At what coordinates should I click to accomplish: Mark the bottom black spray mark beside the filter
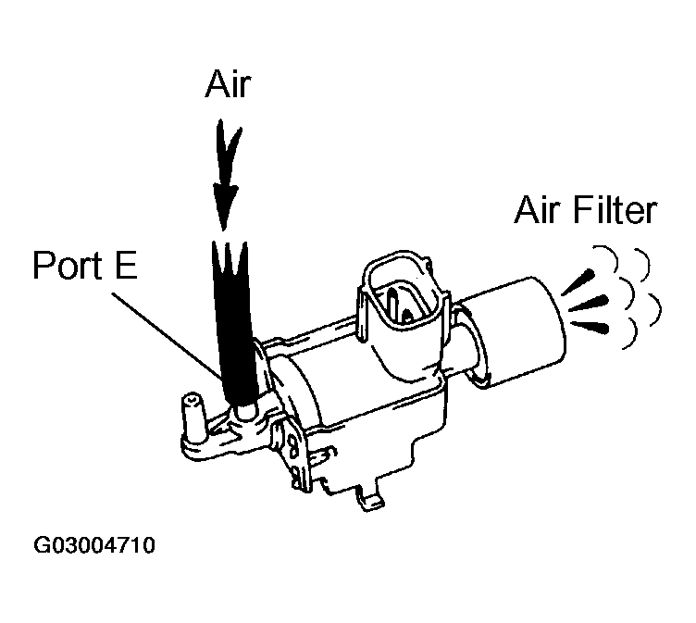[592, 326]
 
